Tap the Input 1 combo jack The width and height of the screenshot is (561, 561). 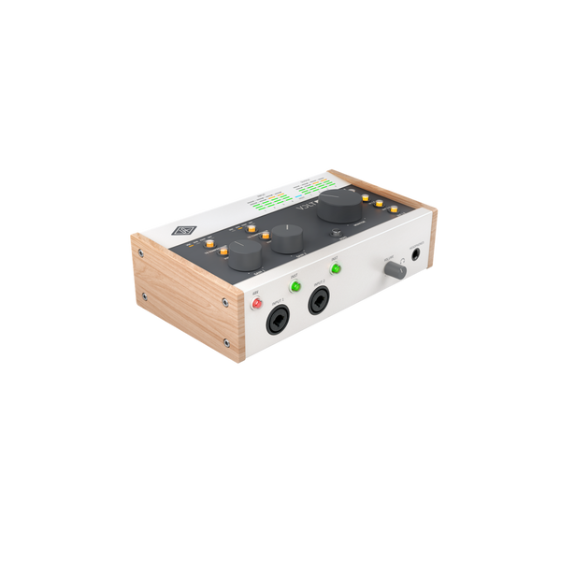[279, 324]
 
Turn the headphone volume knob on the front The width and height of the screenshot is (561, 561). [396, 268]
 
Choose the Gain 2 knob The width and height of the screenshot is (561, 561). [283, 242]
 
